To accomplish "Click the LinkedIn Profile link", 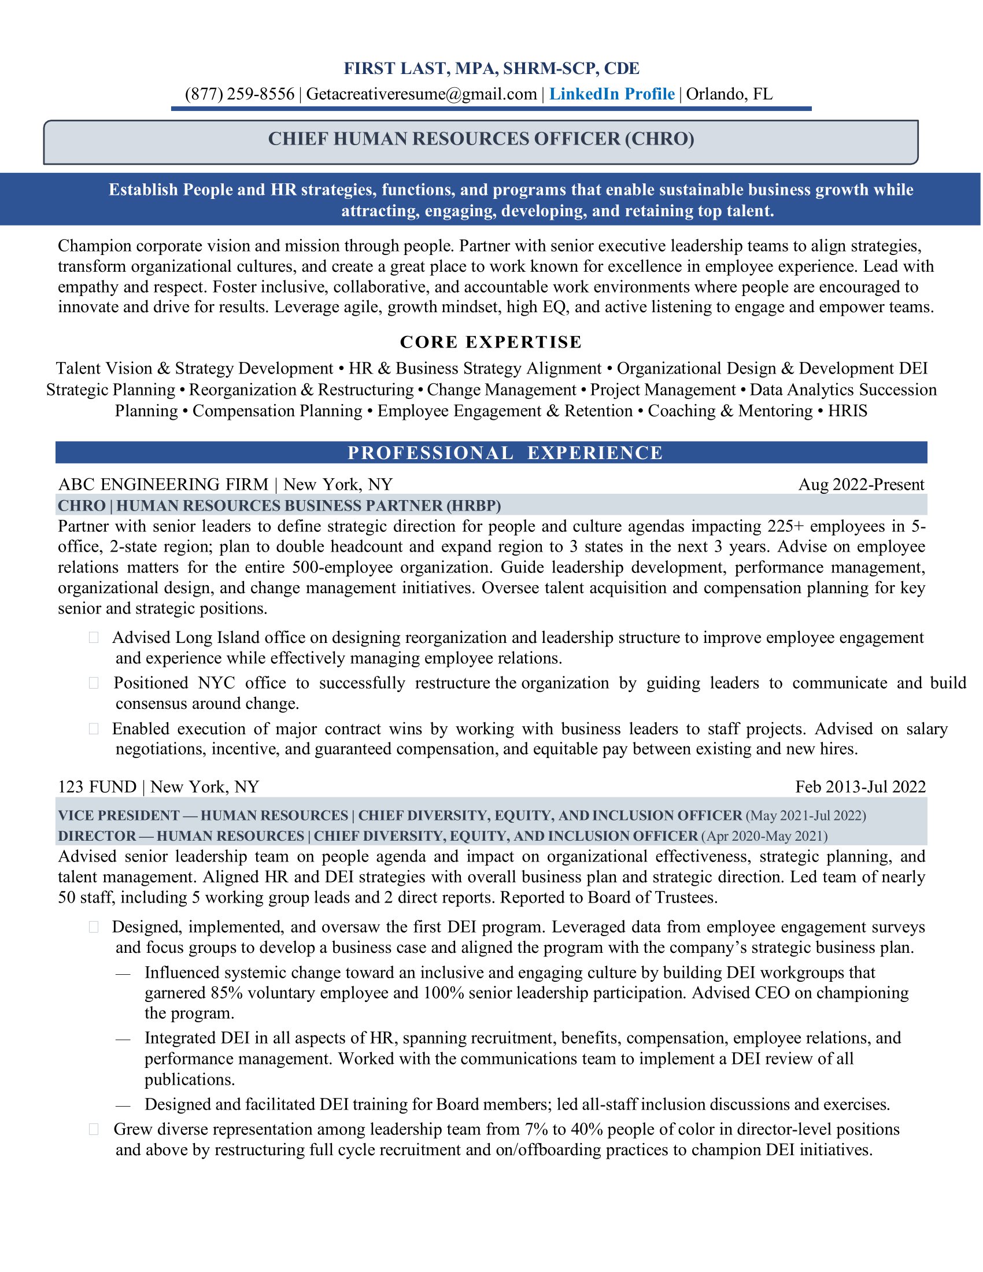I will click(x=611, y=94).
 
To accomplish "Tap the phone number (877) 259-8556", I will click(x=239, y=94).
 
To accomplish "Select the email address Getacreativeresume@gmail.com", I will click(x=421, y=94).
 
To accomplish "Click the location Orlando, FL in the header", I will click(x=729, y=94).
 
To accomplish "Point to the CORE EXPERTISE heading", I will click(x=491, y=342).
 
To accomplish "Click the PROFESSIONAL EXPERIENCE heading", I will click(x=505, y=453).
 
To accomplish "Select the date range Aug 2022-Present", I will click(x=861, y=485).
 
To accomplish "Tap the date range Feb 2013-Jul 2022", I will click(x=860, y=787).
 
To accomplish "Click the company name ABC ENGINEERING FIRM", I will click(x=163, y=485).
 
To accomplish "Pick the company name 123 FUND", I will click(x=97, y=787).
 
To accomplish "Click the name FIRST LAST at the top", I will click(x=396, y=69).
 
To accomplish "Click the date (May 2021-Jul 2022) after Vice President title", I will click(x=805, y=815).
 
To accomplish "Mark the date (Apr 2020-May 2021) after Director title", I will click(x=764, y=837).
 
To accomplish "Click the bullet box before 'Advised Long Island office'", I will click(x=94, y=638).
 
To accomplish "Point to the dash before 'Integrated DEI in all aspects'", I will click(x=123, y=1039).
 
